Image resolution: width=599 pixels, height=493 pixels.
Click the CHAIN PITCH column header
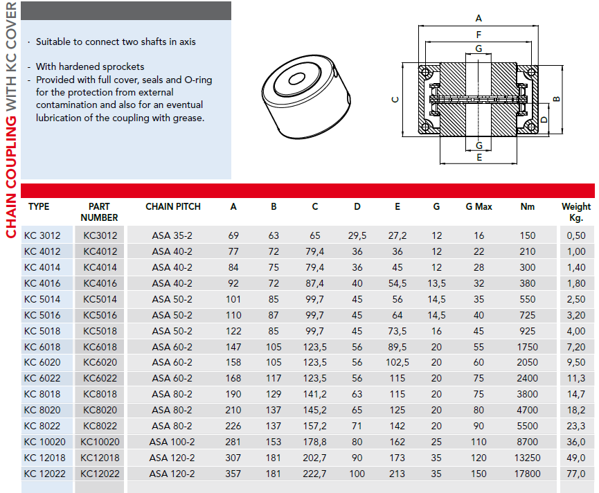173,206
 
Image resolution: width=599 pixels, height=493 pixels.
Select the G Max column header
479,206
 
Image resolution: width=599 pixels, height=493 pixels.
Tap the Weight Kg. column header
575,211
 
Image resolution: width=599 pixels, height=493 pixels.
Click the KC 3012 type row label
42,235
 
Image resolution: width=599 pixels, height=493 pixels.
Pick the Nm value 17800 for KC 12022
528,474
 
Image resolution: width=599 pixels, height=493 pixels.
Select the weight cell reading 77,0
576,474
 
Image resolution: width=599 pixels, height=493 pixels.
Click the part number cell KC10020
100,442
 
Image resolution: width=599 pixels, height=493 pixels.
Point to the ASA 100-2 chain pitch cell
172,442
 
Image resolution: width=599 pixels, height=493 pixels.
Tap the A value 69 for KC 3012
233,235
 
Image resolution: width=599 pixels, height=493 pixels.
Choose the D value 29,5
357,235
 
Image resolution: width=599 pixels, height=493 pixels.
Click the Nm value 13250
528,458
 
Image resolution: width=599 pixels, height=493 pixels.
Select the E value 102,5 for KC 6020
397,362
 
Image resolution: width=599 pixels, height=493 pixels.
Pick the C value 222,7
315,474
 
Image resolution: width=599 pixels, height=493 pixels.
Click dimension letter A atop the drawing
479,18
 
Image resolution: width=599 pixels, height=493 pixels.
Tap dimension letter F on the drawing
479,34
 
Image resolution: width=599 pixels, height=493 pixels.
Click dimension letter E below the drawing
479,158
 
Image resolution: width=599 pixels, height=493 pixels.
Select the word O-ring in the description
196,80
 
